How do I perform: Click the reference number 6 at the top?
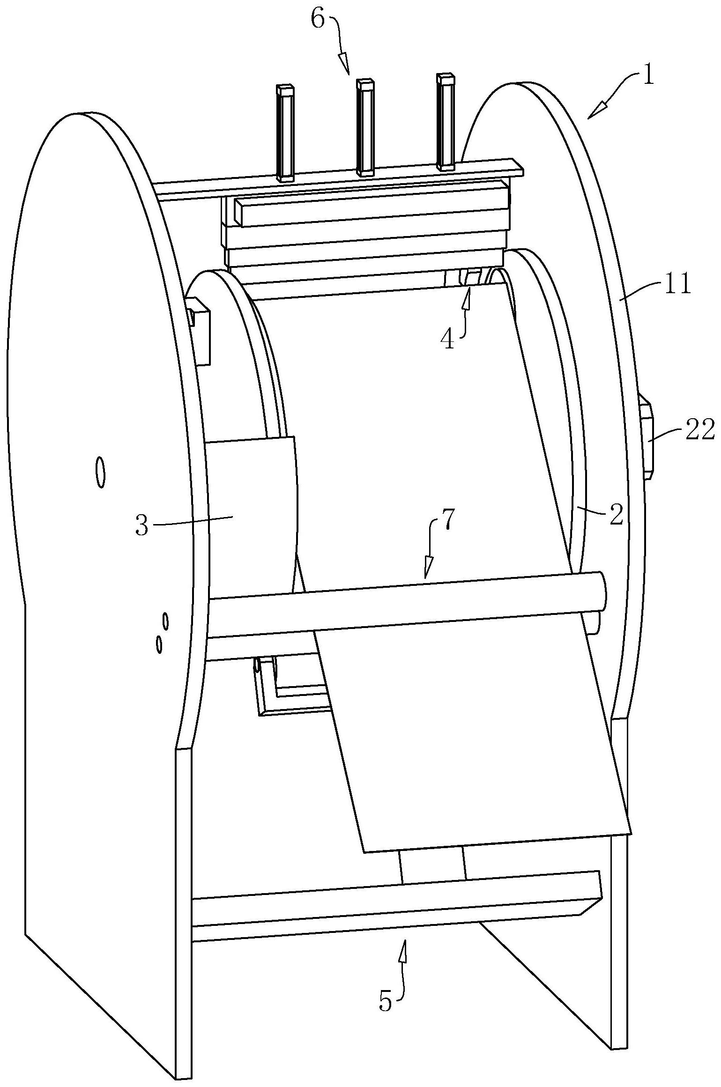(318, 21)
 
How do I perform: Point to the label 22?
(699, 429)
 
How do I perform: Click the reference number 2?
(617, 515)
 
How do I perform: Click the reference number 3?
(142, 525)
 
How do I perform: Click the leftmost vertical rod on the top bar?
(285, 133)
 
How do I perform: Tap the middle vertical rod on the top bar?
(365, 127)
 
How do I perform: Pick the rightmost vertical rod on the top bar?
(445, 121)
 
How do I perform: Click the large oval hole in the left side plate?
(100, 473)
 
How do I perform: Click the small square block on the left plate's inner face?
(199, 330)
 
